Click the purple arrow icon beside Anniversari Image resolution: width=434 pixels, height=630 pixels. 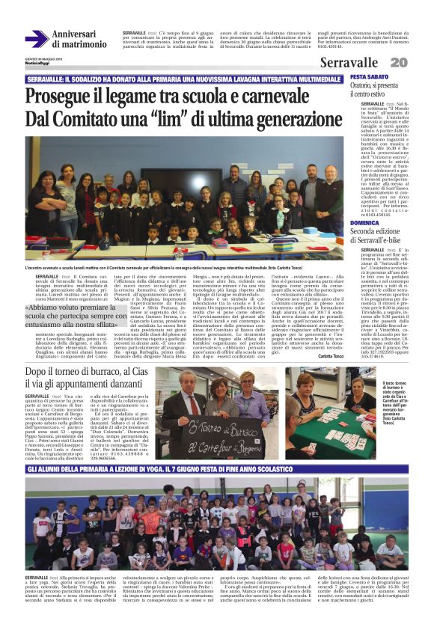point(36,38)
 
